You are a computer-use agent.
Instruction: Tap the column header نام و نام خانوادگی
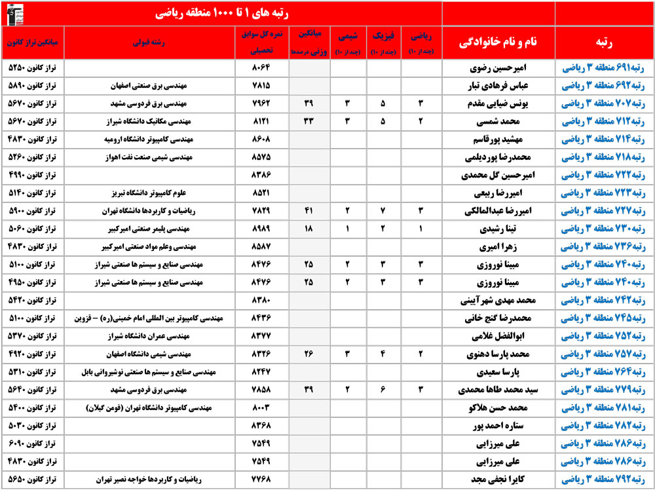(498, 42)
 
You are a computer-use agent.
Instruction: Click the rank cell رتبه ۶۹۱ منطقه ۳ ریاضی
(604, 67)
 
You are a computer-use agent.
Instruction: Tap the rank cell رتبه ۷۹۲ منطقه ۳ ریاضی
(604, 479)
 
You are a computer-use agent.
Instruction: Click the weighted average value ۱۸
(309, 229)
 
